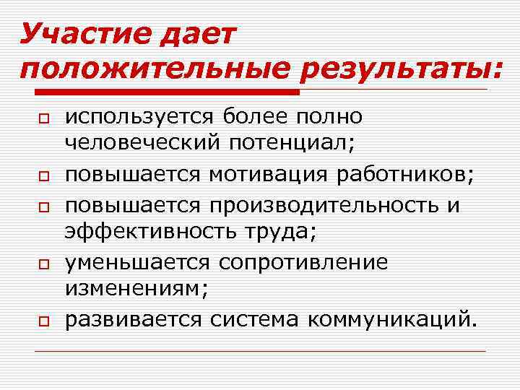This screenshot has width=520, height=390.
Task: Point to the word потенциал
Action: point(292,142)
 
